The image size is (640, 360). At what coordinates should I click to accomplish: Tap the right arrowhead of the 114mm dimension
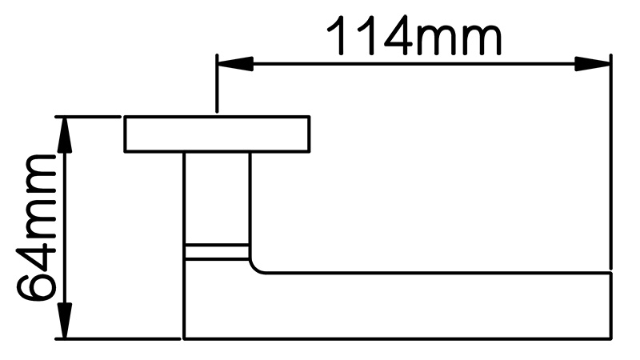point(594,63)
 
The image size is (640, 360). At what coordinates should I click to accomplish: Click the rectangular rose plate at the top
point(217,134)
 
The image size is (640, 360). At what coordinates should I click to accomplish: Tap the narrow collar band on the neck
point(217,251)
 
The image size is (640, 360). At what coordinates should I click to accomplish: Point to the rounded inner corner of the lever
point(256,266)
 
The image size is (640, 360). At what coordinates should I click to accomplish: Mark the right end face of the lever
point(611,306)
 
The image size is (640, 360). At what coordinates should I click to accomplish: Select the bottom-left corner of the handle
point(186,337)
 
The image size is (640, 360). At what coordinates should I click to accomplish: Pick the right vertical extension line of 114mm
point(611,160)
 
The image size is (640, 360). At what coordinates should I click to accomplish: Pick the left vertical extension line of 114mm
point(217,84)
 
